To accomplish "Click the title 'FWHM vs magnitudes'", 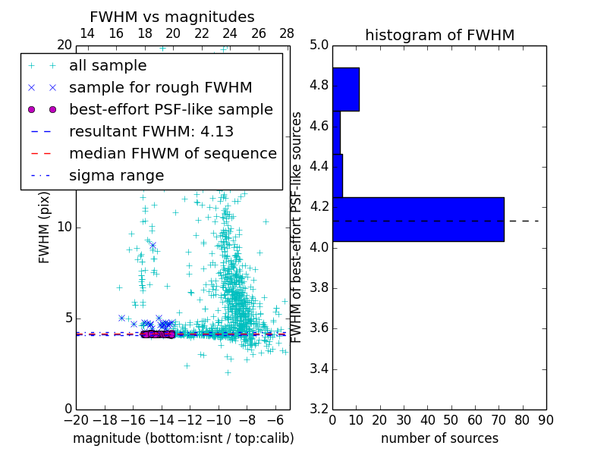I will point(171,17).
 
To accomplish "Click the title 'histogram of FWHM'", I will point(439,35).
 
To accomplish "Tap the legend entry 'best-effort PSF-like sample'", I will point(171,109).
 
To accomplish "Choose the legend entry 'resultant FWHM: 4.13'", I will point(151,131).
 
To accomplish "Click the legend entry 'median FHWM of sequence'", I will point(172,153).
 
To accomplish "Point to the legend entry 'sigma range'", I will point(116,175).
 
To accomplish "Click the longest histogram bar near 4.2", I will point(418,219).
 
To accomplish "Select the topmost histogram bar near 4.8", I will point(345,89).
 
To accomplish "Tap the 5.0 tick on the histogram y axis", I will point(319,45).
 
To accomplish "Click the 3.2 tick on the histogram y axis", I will point(319,409).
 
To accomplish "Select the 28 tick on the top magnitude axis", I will point(287,33).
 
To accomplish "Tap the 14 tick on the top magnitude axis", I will point(87,33).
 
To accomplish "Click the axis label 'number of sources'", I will point(439,438).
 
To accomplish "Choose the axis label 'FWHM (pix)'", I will point(45,227).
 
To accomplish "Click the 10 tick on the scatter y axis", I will point(64,227).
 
